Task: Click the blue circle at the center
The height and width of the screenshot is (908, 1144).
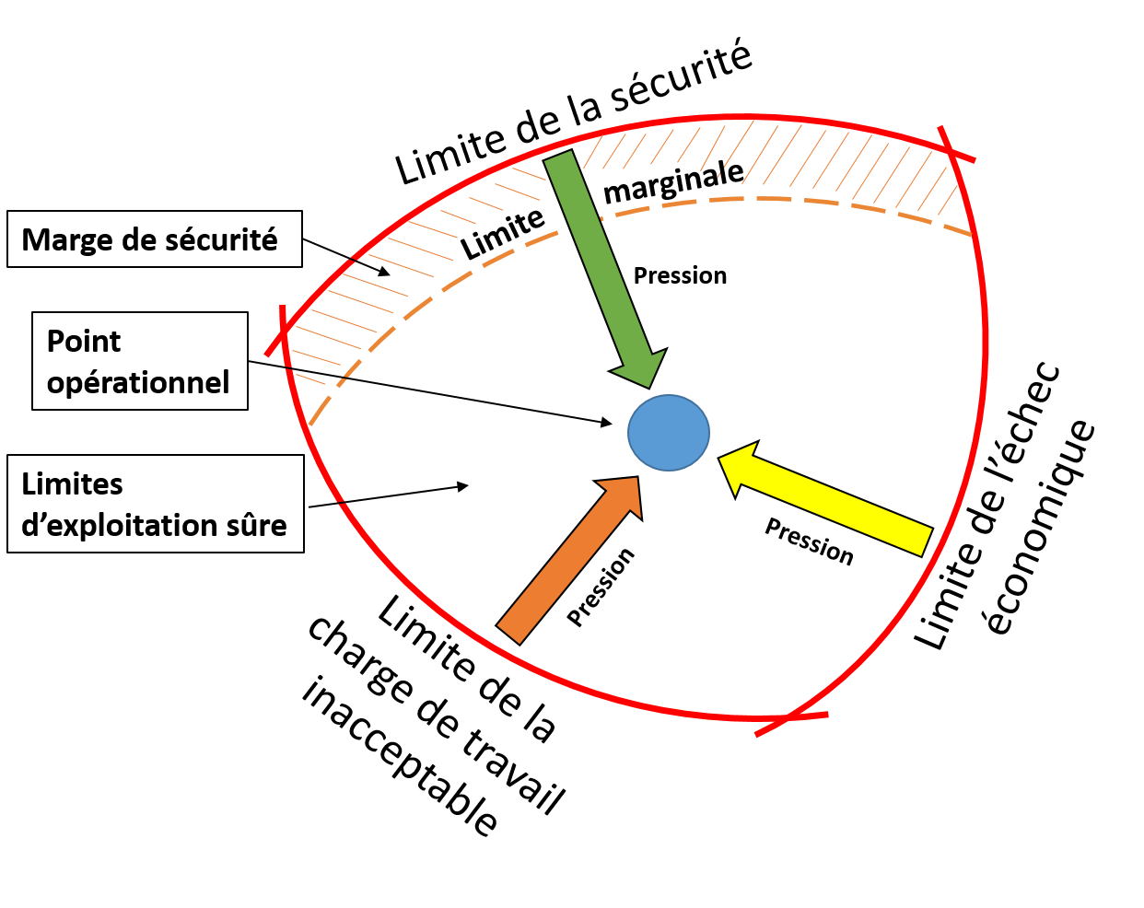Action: pos(669,433)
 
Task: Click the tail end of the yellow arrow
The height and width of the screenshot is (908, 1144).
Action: pos(926,541)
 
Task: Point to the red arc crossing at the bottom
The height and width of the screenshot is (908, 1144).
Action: pos(784,717)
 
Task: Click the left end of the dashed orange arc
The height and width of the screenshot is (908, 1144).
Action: pos(310,425)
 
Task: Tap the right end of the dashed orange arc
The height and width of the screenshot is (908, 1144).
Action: pos(972,235)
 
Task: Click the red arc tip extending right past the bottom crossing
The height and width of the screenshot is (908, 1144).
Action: pos(827,714)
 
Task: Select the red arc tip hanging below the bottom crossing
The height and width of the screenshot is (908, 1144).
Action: pos(757,735)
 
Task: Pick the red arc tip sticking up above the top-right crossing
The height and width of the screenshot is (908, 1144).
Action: pos(940,127)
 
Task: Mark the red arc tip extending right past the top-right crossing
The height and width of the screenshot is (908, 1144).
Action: pos(974,160)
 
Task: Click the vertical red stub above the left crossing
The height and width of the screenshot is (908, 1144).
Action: pos(283,308)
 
